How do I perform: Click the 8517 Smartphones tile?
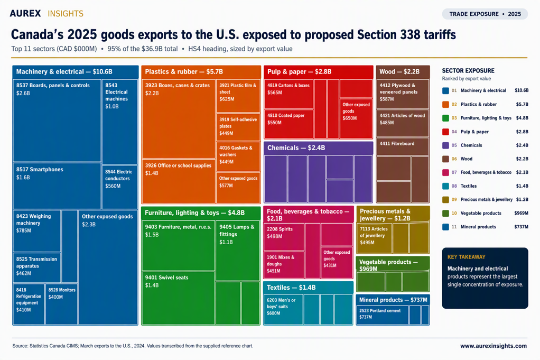click(x=57, y=186)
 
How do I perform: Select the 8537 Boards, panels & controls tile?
click(x=57, y=121)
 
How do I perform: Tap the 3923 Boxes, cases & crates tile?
click(x=179, y=119)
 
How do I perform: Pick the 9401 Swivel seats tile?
click(x=179, y=298)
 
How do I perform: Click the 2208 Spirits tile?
click(x=284, y=237)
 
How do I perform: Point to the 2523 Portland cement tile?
click(x=382, y=315)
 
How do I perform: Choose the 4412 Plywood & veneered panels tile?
click(x=403, y=94)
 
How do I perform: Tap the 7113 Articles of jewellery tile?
click(x=374, y=238)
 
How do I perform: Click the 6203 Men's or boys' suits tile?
click(x=283, y=309)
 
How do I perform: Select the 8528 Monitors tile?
click(x=61, y=304)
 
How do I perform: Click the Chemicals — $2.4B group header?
click(x=318, y=148)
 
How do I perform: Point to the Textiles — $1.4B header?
click(x=308, y=287)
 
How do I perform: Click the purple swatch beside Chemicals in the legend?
click(x=445, y=145)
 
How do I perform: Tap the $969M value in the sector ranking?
click(x=522, y=213)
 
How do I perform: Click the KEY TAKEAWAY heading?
click(x=467, y=257)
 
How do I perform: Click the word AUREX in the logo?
click(x=25, y=13)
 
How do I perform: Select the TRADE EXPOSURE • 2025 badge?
click(x=485, y=14)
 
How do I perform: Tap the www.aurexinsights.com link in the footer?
click(x=494, y=346)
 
